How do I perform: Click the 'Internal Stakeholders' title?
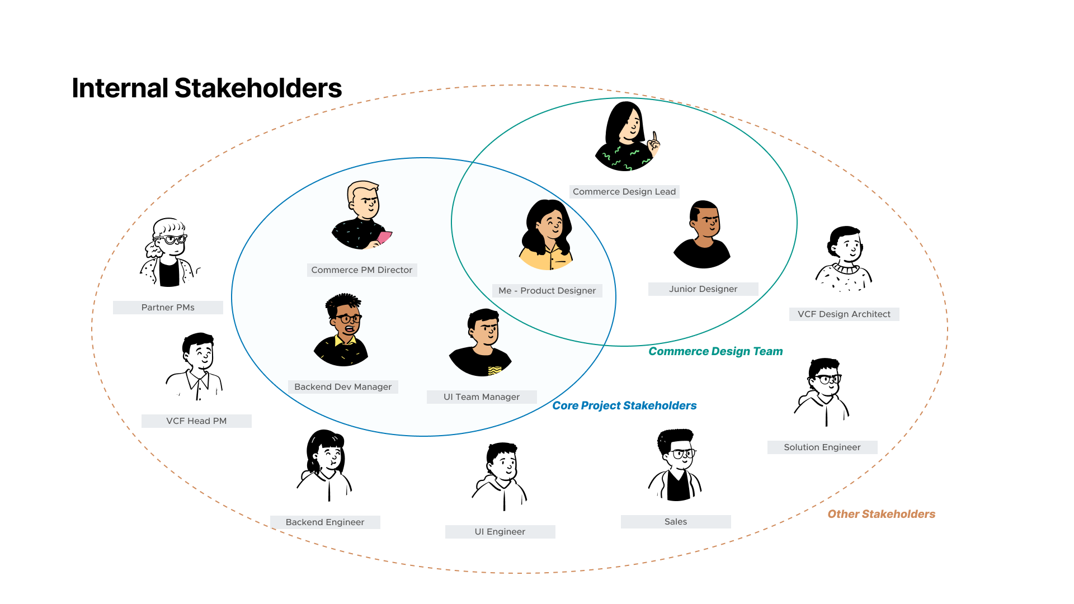click(206, 88)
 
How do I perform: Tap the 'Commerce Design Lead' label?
click(624, 192)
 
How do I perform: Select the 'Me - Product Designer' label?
click(547, 291)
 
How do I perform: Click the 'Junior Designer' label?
click(703, 289)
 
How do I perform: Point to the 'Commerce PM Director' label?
click(361, 270)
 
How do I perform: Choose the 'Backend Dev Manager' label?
click(342, 387)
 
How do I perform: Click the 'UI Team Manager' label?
click(481, 397)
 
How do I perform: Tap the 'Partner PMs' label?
click(168, 308)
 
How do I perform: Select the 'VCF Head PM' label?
click(196, 421)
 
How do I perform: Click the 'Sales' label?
click(675, 522)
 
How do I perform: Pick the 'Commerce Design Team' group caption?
click(715, 351)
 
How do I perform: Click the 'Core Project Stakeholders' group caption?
click(624, 405)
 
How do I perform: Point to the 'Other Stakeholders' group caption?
click(881, 514)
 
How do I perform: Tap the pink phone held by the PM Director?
click(384, 237)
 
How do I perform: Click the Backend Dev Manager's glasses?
click(348, 319)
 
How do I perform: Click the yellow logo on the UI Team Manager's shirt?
click(494, 370)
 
